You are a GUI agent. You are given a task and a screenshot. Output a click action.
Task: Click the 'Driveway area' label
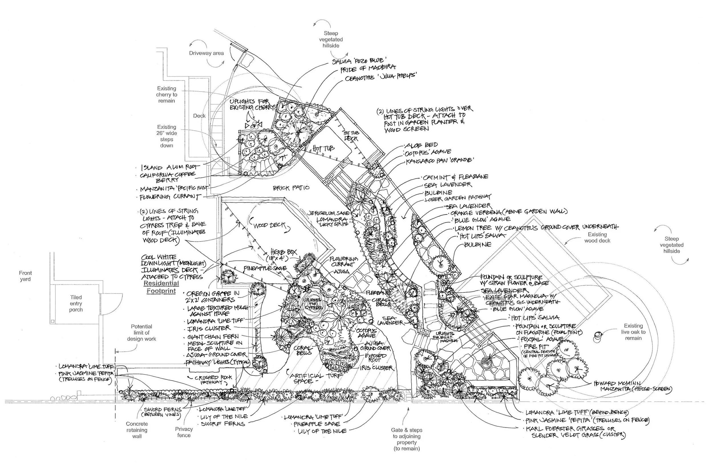coord(206,53)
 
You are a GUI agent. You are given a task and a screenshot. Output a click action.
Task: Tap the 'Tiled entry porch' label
coord(76,304)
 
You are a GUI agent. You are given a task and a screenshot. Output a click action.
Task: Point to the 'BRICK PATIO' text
coord(291,188)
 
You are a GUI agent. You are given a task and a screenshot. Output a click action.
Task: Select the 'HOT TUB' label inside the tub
coord(323,148)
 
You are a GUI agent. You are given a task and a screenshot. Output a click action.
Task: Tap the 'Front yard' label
coord(25,276)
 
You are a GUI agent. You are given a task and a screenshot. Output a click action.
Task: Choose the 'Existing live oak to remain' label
coord(633,332)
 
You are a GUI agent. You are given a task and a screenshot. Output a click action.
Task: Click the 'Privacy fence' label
coord(184,432)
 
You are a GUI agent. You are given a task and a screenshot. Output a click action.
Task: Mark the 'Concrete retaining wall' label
coord(137,430)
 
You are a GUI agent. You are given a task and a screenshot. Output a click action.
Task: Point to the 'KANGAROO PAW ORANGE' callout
coord(440,160)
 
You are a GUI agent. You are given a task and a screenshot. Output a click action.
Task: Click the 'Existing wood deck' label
coord(597,238)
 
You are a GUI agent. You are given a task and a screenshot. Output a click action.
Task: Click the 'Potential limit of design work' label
coord(141,333)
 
